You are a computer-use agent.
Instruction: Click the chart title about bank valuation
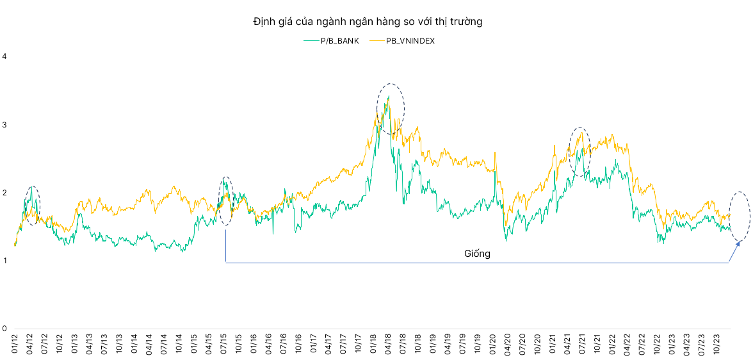click(x=368, y=22)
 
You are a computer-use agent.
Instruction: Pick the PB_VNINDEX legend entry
click(x=410, y=41)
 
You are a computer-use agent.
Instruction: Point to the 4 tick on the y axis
click(x=4, y=56)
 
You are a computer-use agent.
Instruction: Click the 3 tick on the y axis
click(x=4, y=124)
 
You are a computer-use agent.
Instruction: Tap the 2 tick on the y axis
click(x=4, y=193)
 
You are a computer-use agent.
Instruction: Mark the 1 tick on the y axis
click(x=4, y=261)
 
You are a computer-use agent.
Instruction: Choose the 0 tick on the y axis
click(x=4, y=329)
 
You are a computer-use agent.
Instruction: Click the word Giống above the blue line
click(x=477, y=254)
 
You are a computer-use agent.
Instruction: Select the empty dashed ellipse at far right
click(x=741, y=217)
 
